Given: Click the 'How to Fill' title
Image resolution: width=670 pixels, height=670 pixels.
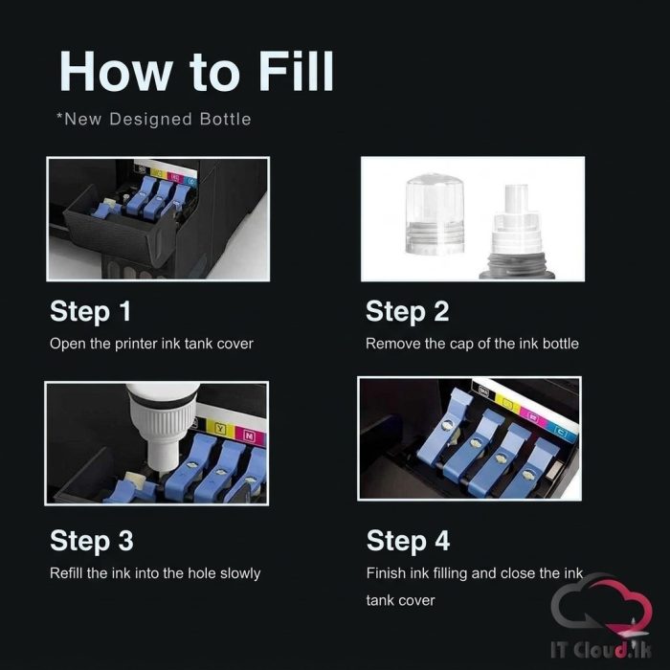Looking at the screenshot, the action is coord(196,72).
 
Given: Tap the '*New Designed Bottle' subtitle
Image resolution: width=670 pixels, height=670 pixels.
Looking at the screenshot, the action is coord(154,120).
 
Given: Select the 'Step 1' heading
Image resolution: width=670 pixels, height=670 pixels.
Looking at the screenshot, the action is coord(90,312).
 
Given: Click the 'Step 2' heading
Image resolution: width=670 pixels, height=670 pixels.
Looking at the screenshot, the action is coord(407,312).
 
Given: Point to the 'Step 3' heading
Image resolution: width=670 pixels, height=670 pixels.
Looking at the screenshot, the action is coord(92,542).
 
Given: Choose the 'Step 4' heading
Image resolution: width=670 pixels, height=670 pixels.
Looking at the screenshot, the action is coord(408,542).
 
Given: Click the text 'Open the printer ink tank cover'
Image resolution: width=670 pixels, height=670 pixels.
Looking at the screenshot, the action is coord(151,344).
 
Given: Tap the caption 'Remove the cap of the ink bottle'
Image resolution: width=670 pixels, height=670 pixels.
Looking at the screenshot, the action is coord(472,344).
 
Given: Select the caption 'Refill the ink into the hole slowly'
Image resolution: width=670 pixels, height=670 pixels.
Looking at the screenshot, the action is coord(155,573).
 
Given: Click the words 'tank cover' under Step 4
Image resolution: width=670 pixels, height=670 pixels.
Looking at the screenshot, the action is coord(400,601).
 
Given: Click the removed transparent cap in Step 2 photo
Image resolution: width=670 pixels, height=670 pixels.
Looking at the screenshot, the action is coord(435,214).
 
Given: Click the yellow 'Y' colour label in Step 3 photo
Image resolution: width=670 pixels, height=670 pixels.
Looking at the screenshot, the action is coord(219,428).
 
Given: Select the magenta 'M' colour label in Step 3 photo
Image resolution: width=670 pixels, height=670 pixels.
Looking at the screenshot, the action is coord(249,435).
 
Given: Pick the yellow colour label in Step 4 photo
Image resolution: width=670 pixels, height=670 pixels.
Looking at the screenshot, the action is coord(507,403).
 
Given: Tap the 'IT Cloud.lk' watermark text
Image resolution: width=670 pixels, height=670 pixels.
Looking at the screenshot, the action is coord(600,650).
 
